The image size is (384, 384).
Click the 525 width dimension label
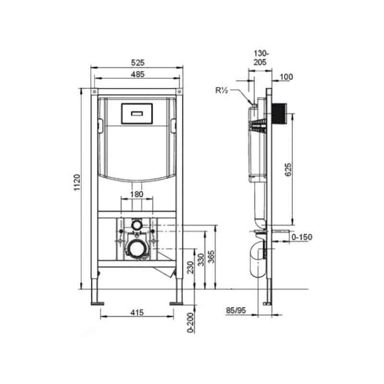(138, 63)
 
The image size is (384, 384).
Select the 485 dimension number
(138, 74)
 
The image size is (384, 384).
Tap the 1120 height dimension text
(77, 182)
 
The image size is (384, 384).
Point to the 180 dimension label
(137, 194)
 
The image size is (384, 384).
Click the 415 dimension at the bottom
(137, 312)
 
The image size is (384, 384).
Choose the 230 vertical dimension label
(190, 267)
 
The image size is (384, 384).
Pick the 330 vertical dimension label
(201, 260)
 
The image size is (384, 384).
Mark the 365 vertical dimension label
(211, 257)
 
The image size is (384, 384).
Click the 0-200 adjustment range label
(191, 323)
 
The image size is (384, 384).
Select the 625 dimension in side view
(288, 169)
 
